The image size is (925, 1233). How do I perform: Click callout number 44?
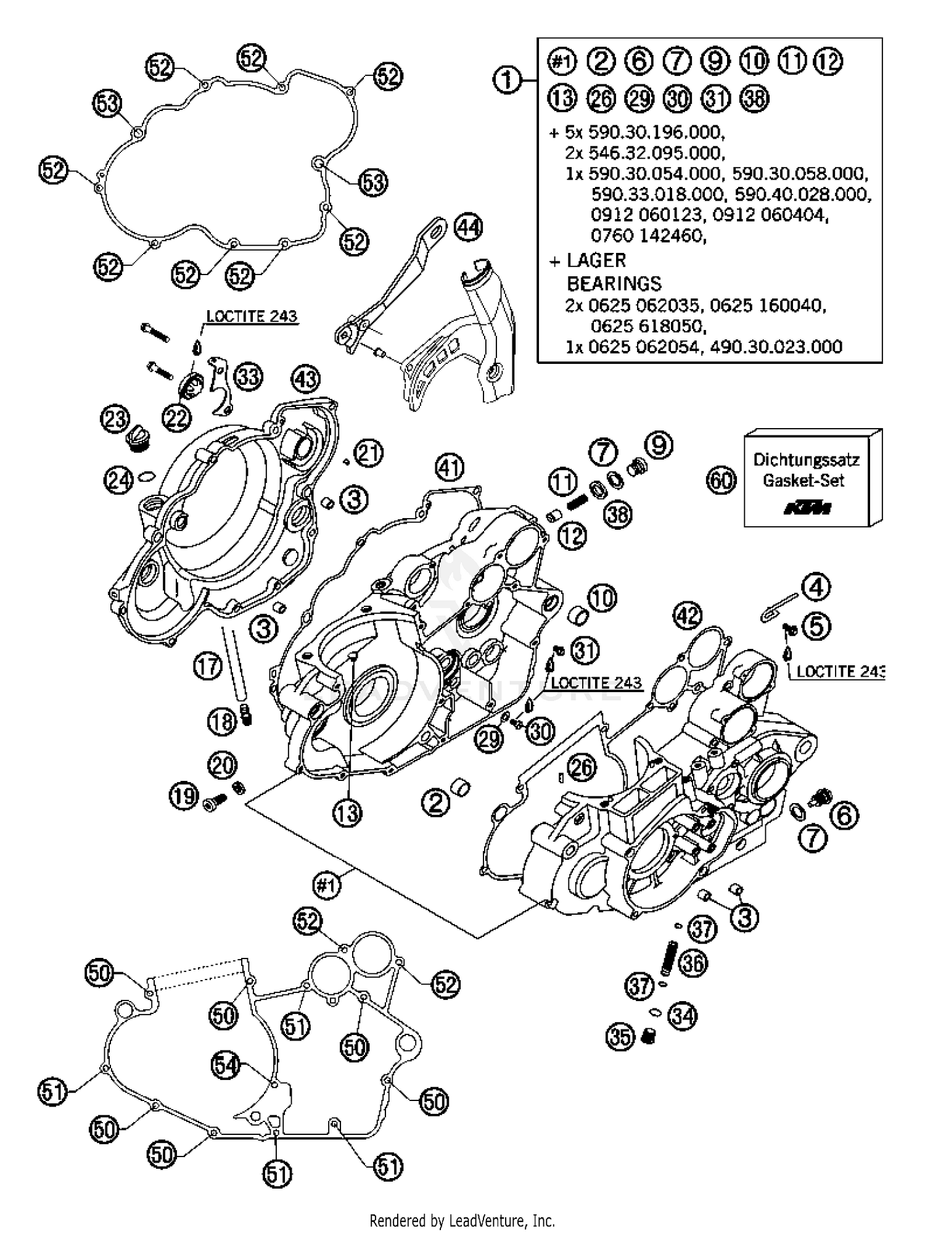[468, 228]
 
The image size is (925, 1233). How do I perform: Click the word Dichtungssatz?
[806, 460]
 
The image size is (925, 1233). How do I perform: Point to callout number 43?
[306, 379]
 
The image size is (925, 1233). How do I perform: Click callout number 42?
[688, 615]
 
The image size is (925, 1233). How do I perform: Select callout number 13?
[347, 813]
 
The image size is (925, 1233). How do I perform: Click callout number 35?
[620, 1037]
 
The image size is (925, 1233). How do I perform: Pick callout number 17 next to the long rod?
[208, 667]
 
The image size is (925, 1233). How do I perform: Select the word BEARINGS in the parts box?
[614, 283]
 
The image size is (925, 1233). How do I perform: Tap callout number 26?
[582, 767]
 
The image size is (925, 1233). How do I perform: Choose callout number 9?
[659, 444]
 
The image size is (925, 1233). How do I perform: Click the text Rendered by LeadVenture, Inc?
[462, 1220]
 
